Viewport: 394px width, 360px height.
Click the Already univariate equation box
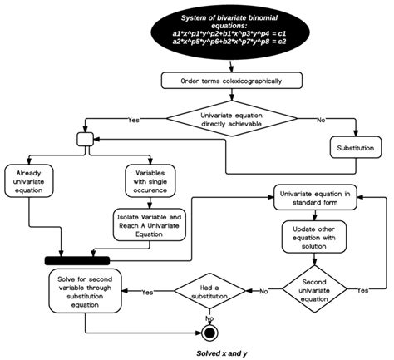point(32,180)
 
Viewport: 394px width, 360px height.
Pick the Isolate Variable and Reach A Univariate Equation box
point(149,224)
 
